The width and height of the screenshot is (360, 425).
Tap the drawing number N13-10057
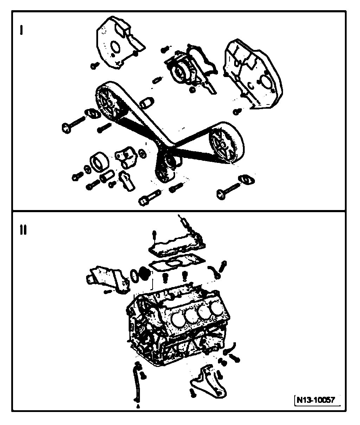tap(315, 400)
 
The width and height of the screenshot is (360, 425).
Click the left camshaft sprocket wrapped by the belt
tap(110, 102)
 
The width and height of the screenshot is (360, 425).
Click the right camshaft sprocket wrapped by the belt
tap(224, 142)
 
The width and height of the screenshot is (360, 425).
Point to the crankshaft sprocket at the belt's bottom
tap(164, 169)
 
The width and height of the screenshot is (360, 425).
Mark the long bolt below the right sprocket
tap(228, 189)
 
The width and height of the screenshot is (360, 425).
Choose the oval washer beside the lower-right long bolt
tap(246, 179)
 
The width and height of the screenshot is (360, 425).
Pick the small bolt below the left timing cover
tap(94, 65)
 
